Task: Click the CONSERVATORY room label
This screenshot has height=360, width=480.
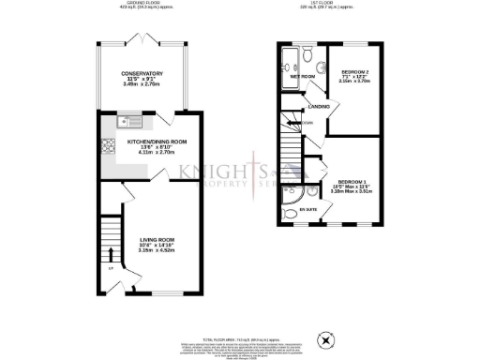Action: coord(142,73)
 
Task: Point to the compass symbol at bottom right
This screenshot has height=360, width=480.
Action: coord(326,340)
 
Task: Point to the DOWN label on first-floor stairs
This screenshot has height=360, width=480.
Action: coord(306,123)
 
